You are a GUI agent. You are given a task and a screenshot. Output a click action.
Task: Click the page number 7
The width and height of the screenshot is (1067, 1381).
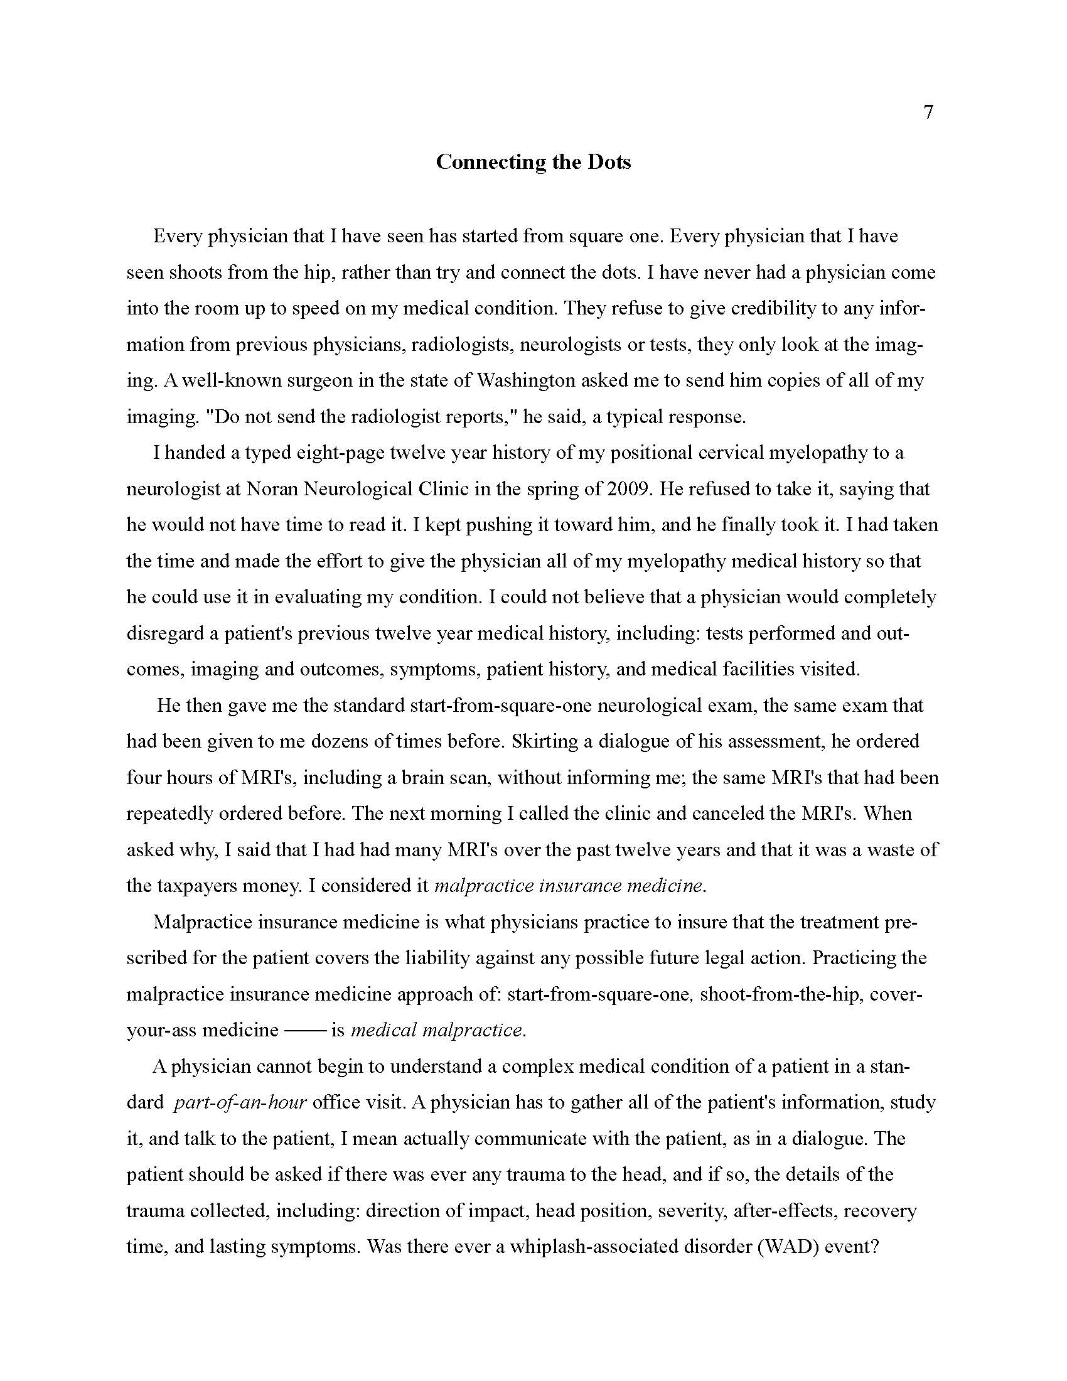coord(928,112)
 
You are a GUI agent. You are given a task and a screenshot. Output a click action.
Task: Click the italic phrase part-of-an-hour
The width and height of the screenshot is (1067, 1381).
coord(240,1103)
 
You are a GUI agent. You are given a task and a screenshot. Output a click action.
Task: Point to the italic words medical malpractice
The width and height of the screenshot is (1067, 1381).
coord(436,1031)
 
